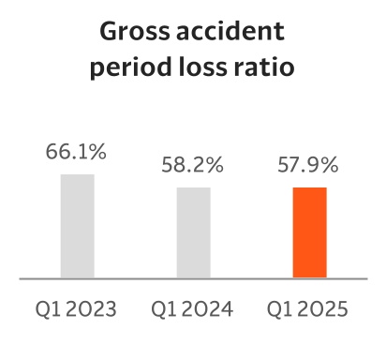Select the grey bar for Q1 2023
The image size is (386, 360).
78,226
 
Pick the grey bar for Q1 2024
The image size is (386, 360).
193,232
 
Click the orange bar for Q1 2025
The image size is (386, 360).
309,232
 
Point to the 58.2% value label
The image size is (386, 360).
193,167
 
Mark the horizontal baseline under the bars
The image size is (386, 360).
193,278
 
